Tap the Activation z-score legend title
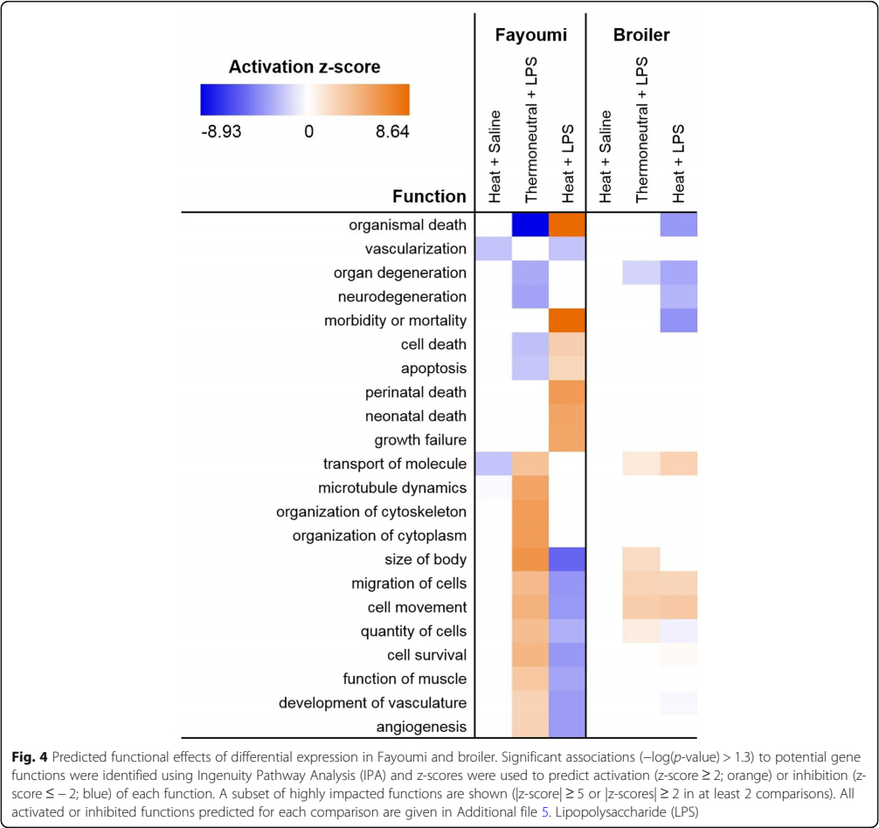coord(304,67)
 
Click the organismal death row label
coord(407,225)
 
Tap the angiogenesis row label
coord(423,726)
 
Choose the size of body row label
coord(426,559)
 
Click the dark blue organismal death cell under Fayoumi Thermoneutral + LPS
coord(529,225)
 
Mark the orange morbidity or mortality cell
coord(566,321)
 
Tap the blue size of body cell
coord(566,559)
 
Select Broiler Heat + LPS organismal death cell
coord(678,225)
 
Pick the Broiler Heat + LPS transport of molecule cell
coord(678,464)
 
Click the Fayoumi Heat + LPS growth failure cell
coord(566,439)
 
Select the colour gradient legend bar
coord(304,100)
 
